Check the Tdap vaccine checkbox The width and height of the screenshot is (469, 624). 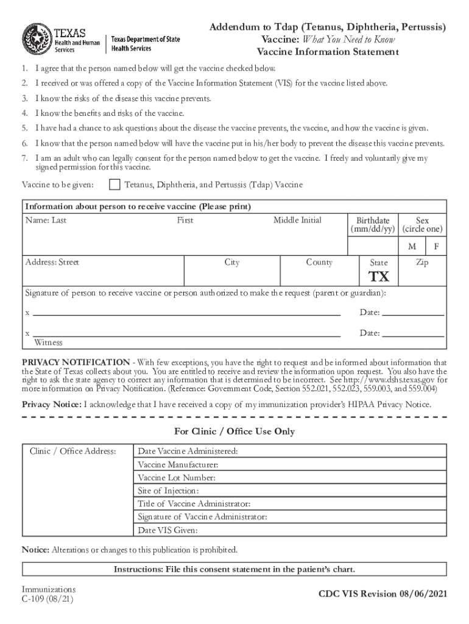coord(114,185)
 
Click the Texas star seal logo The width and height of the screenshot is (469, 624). coord(37,38)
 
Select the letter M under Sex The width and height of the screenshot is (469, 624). coord(412,246)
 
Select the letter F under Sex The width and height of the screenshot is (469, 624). coord(436,246)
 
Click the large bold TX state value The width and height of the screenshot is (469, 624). coord(379,277)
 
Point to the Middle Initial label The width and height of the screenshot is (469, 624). coord(297,220)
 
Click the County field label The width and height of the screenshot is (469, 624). coord(319,263)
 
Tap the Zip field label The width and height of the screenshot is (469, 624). coord(422,263)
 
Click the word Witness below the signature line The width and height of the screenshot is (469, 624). coord(48,342)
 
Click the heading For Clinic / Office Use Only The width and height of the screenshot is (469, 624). coord(234,431)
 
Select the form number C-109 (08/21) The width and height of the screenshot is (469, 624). coord(48,599)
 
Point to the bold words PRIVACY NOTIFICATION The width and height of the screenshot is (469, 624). coord(76,362)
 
